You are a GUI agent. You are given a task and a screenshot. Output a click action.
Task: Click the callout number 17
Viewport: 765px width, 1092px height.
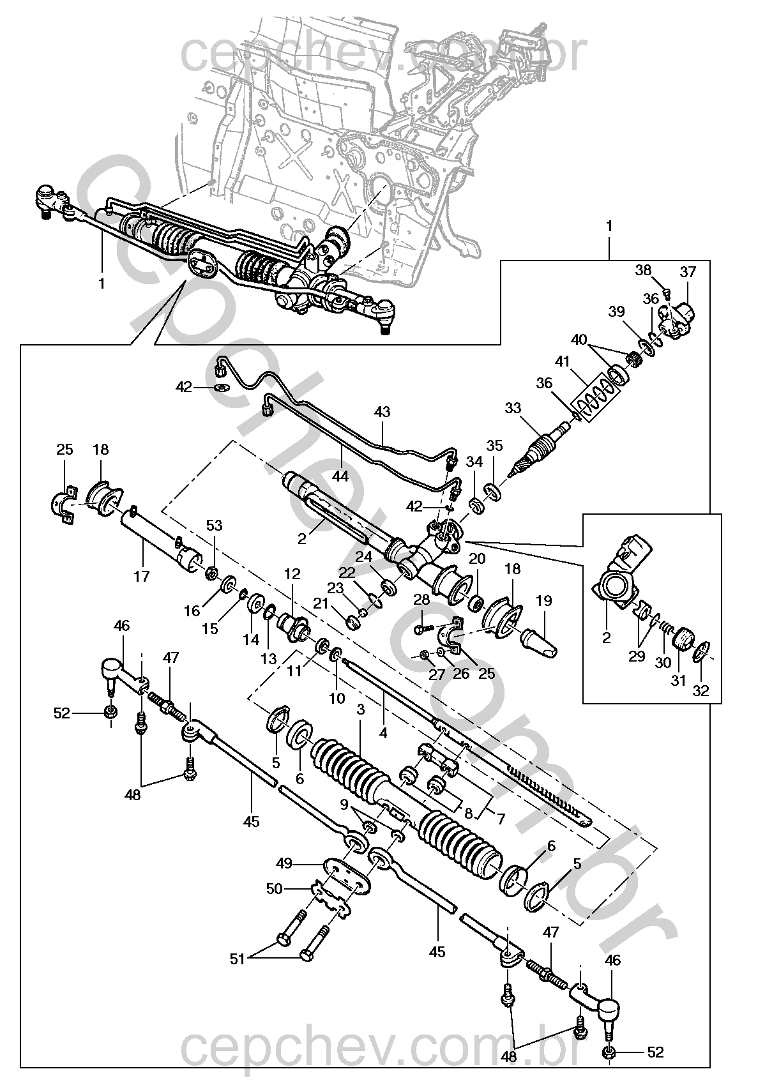141,576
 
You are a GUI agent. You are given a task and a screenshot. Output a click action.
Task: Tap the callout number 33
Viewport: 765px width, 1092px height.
513,407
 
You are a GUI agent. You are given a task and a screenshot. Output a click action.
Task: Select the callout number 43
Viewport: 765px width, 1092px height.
382,411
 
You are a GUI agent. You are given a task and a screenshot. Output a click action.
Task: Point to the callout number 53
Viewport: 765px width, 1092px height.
214,525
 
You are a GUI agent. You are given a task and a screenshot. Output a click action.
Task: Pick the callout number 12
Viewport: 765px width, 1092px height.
292,574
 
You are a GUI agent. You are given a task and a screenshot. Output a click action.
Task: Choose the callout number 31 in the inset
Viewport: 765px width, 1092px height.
678,681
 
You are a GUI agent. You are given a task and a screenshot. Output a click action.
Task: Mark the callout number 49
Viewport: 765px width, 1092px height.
284,863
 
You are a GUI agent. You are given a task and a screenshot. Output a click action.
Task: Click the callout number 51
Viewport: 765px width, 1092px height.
238,959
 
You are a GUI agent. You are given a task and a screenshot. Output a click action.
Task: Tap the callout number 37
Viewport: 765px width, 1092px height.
688,271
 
